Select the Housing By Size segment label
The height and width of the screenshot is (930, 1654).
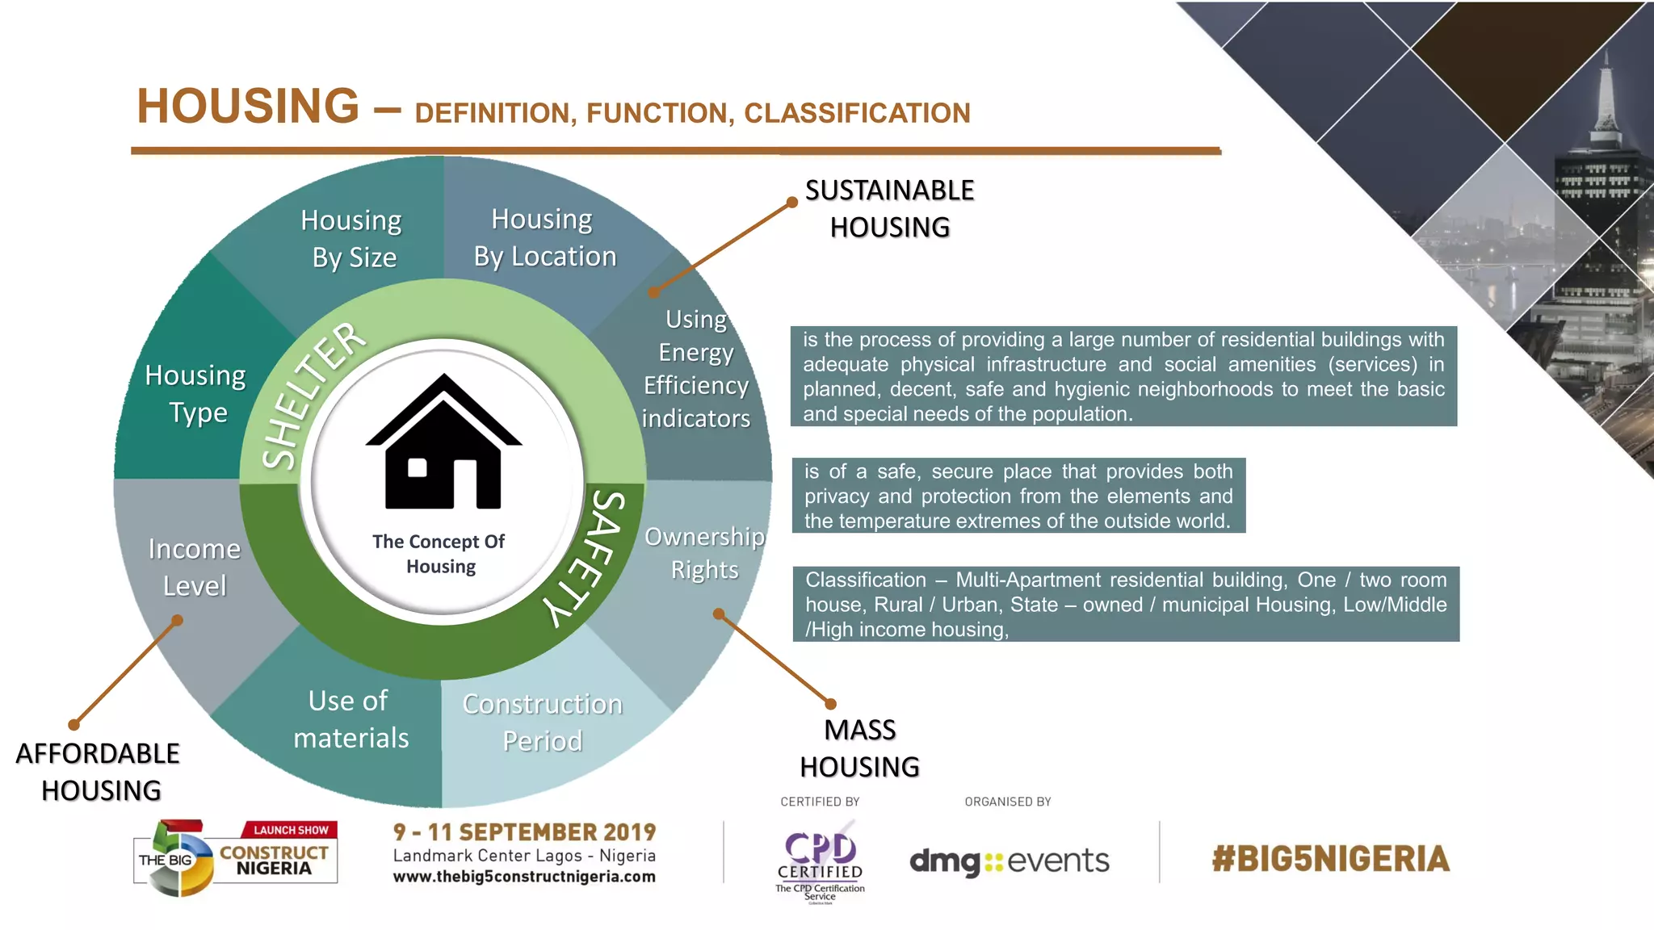click(x=352, y=239)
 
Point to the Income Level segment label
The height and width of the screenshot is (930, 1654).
click(x=195, y=568)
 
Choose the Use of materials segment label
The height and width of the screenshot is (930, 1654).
click(x=350, y=719)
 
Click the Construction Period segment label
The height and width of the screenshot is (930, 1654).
click(x=542, y=723)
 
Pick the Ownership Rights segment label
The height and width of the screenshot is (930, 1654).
click(x=704, y=553)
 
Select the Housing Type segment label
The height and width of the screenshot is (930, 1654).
click(x=196, y=394)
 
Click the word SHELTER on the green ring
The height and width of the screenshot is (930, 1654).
click(x=313, y=396)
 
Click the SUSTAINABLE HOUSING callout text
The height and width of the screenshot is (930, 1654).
click(x=889, y=209)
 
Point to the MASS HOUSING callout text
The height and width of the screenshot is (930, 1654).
click(x=859, y=748)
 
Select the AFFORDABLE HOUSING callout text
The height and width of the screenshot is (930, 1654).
click(x=99, y=772)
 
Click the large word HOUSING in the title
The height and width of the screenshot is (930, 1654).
click(x=248, y=107)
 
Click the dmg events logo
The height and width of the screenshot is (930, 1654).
click(x=1009, y=861)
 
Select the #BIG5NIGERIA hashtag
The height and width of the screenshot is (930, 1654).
click(x=1330, y=859)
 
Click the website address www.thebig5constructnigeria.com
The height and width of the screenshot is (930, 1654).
click(x=524, y=877)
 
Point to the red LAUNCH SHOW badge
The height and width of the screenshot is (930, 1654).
click(x=290, y=830)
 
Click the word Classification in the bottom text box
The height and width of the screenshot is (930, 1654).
click(x=865, y=580)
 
